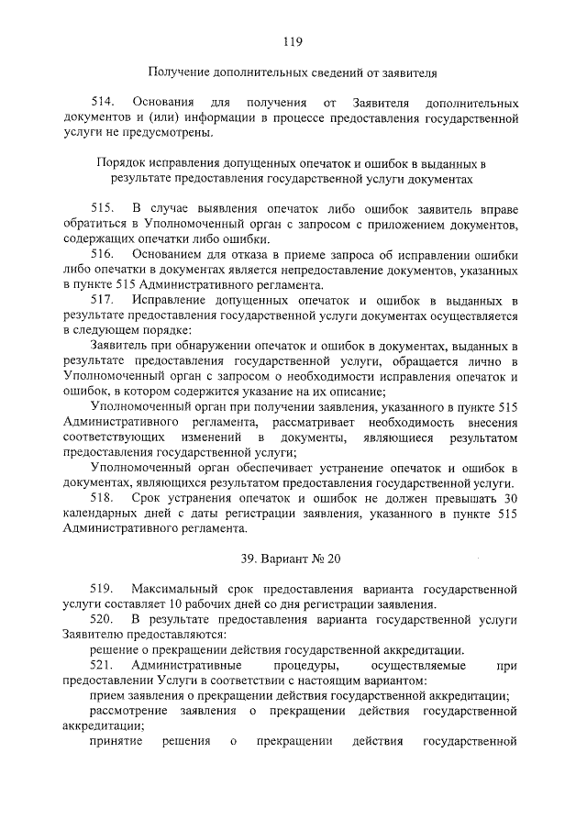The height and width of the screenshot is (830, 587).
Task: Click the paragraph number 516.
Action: (104, 253)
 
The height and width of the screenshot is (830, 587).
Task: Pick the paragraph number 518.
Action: (104, 497)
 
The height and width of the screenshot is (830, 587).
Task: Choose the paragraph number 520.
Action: (104, 619)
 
